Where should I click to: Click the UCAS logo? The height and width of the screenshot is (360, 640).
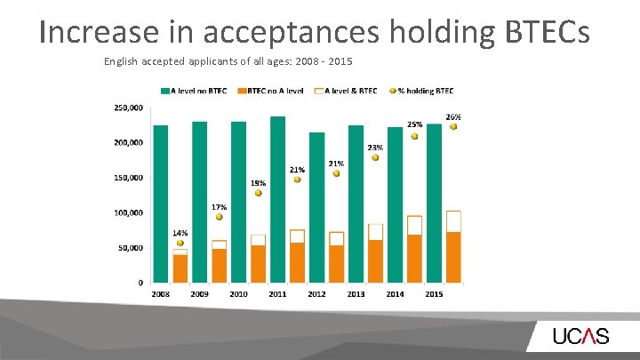[x=580, y=336]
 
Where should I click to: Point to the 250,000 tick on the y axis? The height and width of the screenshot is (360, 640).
[x=128, y=108]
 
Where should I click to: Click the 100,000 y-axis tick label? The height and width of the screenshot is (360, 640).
[x=128, y=212]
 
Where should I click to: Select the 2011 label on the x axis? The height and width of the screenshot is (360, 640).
[x=278, y=293]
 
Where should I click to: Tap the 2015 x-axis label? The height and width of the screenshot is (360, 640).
[x=435, y=293]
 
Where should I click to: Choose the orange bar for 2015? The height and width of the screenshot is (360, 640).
[x=453, y=257]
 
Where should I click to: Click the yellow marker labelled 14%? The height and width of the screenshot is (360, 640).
[x=180, y=243]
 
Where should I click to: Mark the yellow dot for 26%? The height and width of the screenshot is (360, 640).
[x=453, y=127]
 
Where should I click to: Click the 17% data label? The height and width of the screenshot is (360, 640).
[x=219, y=207]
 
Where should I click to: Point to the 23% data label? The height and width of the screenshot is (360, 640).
[x=375, y=148]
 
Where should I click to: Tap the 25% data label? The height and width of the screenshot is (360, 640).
[x=414, y=125]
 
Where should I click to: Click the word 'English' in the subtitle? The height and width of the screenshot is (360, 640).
[x=120, y=62]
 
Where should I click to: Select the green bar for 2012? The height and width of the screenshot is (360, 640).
[x=316, y=207]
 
